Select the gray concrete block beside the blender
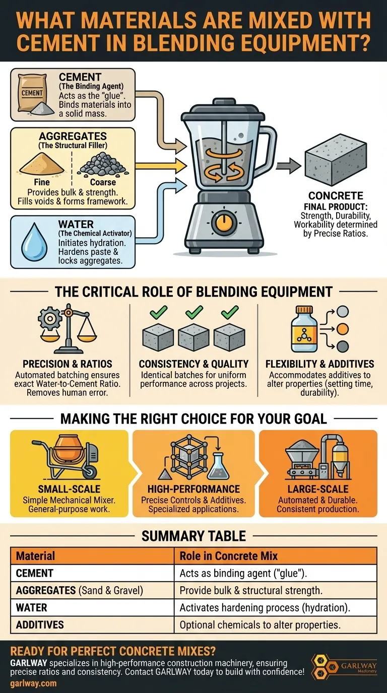click(336, 161)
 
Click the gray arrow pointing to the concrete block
click(288, 165)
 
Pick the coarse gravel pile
click(103, 164)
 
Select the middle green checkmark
click(194, 312)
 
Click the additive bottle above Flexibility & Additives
click(304, 329)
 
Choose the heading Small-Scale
click(69, 489)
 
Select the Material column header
click(35, 556)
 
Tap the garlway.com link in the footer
click(33, 683)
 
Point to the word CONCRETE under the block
click(336, 196)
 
